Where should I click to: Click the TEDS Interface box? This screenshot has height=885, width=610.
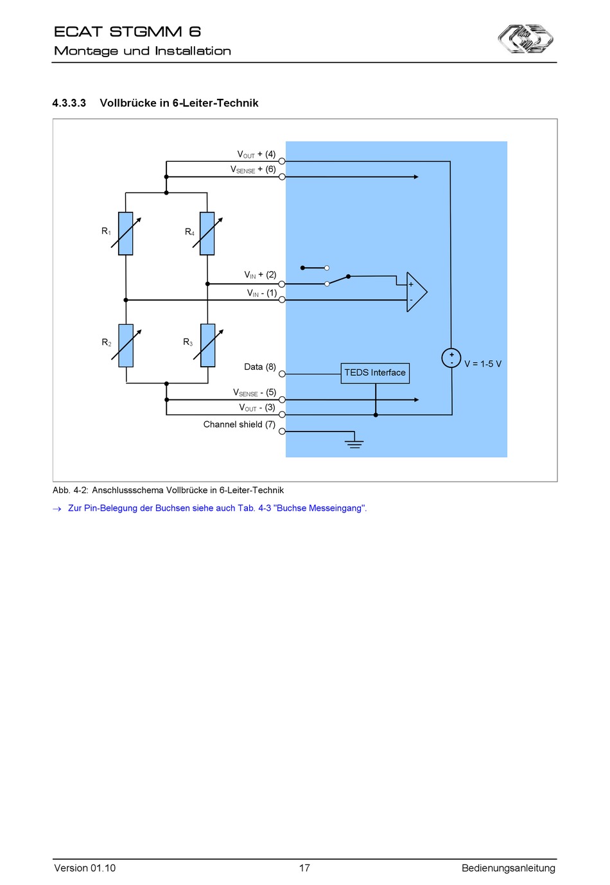point(375,373)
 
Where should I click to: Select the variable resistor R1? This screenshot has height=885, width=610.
point(126,233)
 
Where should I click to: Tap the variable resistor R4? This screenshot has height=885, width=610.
point(207,233)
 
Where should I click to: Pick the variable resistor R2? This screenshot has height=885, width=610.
point(126,346)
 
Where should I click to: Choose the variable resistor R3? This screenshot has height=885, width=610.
point(208,346)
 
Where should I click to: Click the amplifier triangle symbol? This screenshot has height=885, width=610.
point(417,292)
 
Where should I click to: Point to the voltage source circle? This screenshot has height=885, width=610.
point(451,358)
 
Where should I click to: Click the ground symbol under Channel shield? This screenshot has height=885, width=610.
point(354,444)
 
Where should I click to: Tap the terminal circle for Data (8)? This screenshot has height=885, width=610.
point(282,374)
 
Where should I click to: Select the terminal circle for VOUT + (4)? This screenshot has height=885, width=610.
point(282,161)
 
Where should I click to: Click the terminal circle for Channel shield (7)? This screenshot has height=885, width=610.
point(282,432)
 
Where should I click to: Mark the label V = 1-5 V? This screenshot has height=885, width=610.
point(483,364)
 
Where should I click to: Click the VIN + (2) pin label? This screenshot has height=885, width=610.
point(260,275)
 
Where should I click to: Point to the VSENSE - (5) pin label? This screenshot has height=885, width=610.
point(254,392)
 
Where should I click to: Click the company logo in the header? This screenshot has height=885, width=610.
point(525,39)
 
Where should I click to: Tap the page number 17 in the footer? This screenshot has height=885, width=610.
point(304,868)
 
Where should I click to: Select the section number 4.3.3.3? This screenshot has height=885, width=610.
point(69,103)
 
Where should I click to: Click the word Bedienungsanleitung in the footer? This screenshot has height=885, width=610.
point(509,868)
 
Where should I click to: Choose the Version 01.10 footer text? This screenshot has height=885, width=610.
point(85,868)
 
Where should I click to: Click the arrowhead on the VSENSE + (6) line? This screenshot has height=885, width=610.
point(416,177)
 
